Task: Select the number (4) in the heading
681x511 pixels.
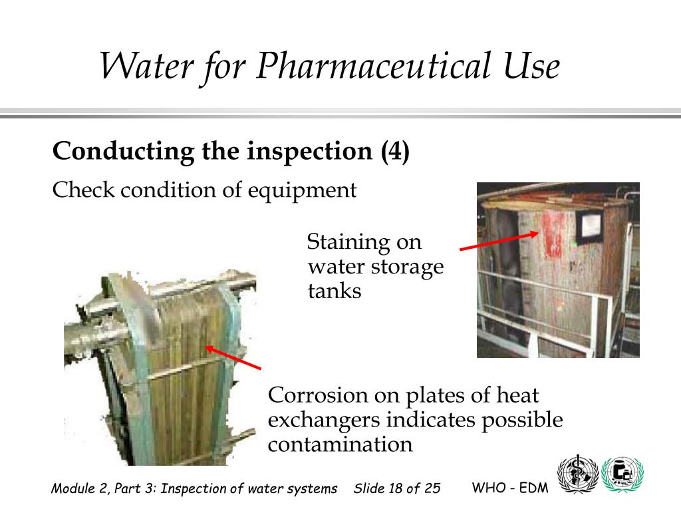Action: [x=395, y=152]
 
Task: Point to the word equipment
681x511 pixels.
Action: [x=303, y=191]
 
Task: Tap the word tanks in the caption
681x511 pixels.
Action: [x=335, y=291]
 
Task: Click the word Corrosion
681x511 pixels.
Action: [x=318, y=395]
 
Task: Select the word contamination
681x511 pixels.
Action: [x=340, y=444]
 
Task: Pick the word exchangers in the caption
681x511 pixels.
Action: [x=324, y=420]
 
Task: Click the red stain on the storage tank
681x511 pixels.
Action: [x=551, y=239]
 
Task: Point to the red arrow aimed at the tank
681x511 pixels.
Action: [x=499, y=241]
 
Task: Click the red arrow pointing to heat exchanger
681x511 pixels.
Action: [x=233, y=357]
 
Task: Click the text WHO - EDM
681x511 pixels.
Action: [x=509, y=488]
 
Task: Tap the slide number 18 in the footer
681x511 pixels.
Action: [x=396, y=489]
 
